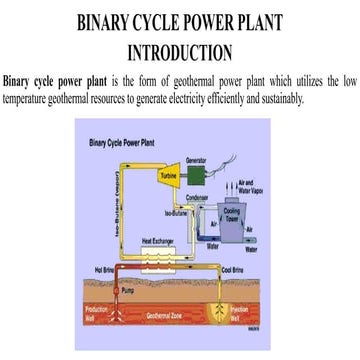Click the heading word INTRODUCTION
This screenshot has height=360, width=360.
tap(180, 50)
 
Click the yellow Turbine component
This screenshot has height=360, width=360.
tap(166, 179)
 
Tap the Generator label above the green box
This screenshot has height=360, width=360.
tap(197, 159)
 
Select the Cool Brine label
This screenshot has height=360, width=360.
tap(232, 269)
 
